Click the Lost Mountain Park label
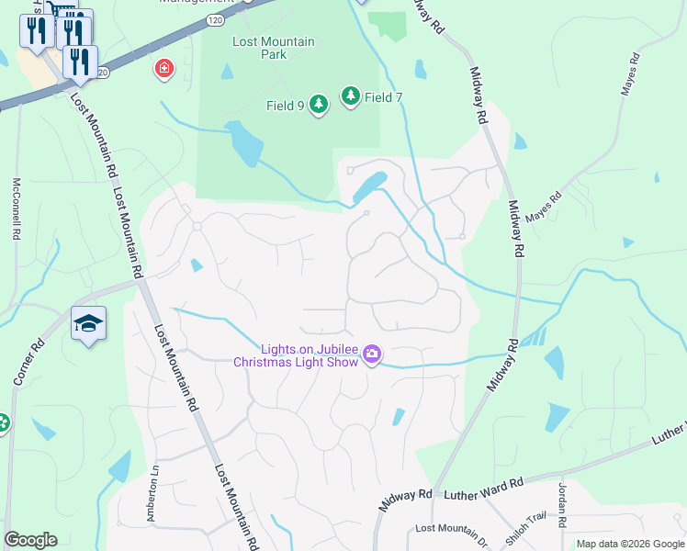273,48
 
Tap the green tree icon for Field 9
319,105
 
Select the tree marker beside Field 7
351,96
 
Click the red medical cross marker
164,68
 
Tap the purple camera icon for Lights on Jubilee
372,354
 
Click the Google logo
30,540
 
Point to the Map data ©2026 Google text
629,544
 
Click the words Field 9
286,106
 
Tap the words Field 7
383,96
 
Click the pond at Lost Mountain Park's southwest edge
243,143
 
